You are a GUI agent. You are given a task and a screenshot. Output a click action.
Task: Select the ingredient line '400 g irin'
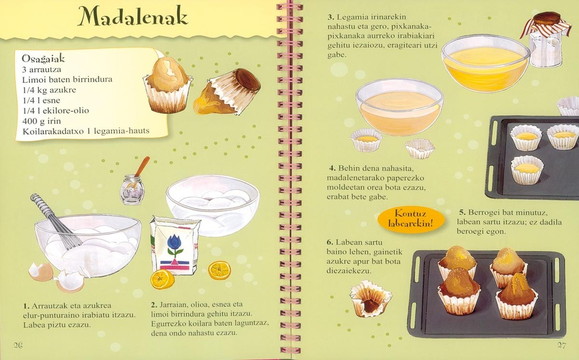pyautogui.click(x=41, y=121)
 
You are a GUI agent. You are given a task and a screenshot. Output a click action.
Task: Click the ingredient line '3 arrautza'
pyautogui.click(x=42, y=70)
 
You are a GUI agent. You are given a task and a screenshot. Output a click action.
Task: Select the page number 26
pyautogui.click(x=18, y=345)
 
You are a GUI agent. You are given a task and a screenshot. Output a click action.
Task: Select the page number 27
pyautogui.click(x=561, y=345)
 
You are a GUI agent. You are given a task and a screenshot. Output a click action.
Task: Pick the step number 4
pyautogui.click(x=332, y=168)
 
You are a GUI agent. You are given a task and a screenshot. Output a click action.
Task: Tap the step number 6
pyautogui.click(x=330, y=242)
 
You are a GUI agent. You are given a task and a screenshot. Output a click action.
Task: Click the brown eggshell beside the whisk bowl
pyautogui.click(x=41, y=272)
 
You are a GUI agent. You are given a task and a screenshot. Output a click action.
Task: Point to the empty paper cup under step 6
pyautogui.click(x=370, y=299)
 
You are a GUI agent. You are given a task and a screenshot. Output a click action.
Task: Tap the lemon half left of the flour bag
pyautogui.click(x=162, y=279)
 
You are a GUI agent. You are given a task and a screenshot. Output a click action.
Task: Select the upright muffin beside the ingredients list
pyautogui.click(x=167, y=85)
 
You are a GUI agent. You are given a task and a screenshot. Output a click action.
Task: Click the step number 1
pyautogui.click(x=26, y=306)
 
